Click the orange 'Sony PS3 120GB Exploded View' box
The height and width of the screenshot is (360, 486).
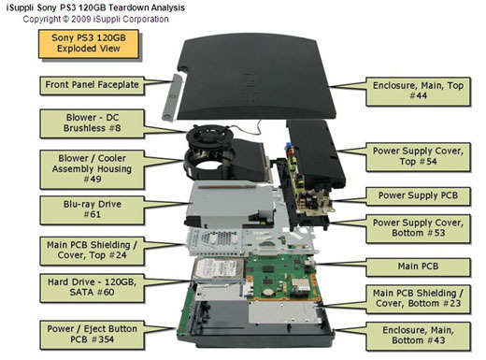tap(89, 44)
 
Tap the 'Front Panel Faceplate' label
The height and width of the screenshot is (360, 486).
tap(92, 85)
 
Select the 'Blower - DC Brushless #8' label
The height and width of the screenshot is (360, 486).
tap(92, 123)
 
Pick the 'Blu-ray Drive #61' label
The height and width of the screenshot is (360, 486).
tap(92, 209)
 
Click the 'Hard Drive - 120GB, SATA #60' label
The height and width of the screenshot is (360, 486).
tap(92, 288)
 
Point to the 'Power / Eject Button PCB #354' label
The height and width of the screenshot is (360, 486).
tap(92, 335)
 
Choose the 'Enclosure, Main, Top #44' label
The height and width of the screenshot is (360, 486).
tap(418, 91)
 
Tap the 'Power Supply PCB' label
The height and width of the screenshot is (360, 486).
tap(418, 196)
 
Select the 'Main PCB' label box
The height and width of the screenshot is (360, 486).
tap(418, 267)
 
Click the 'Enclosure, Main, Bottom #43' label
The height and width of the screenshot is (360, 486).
tap(418, 336)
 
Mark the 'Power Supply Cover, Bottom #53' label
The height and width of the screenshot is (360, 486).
tap(418, 228)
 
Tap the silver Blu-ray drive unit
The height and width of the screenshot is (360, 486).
tap(229, 204)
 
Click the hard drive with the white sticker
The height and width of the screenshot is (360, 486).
tap(219, 270)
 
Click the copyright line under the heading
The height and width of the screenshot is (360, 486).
tap(95, 20)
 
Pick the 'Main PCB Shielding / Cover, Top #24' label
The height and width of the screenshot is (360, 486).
tap(92, 251)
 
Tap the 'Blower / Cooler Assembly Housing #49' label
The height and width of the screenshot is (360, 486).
tap(92, 169)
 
